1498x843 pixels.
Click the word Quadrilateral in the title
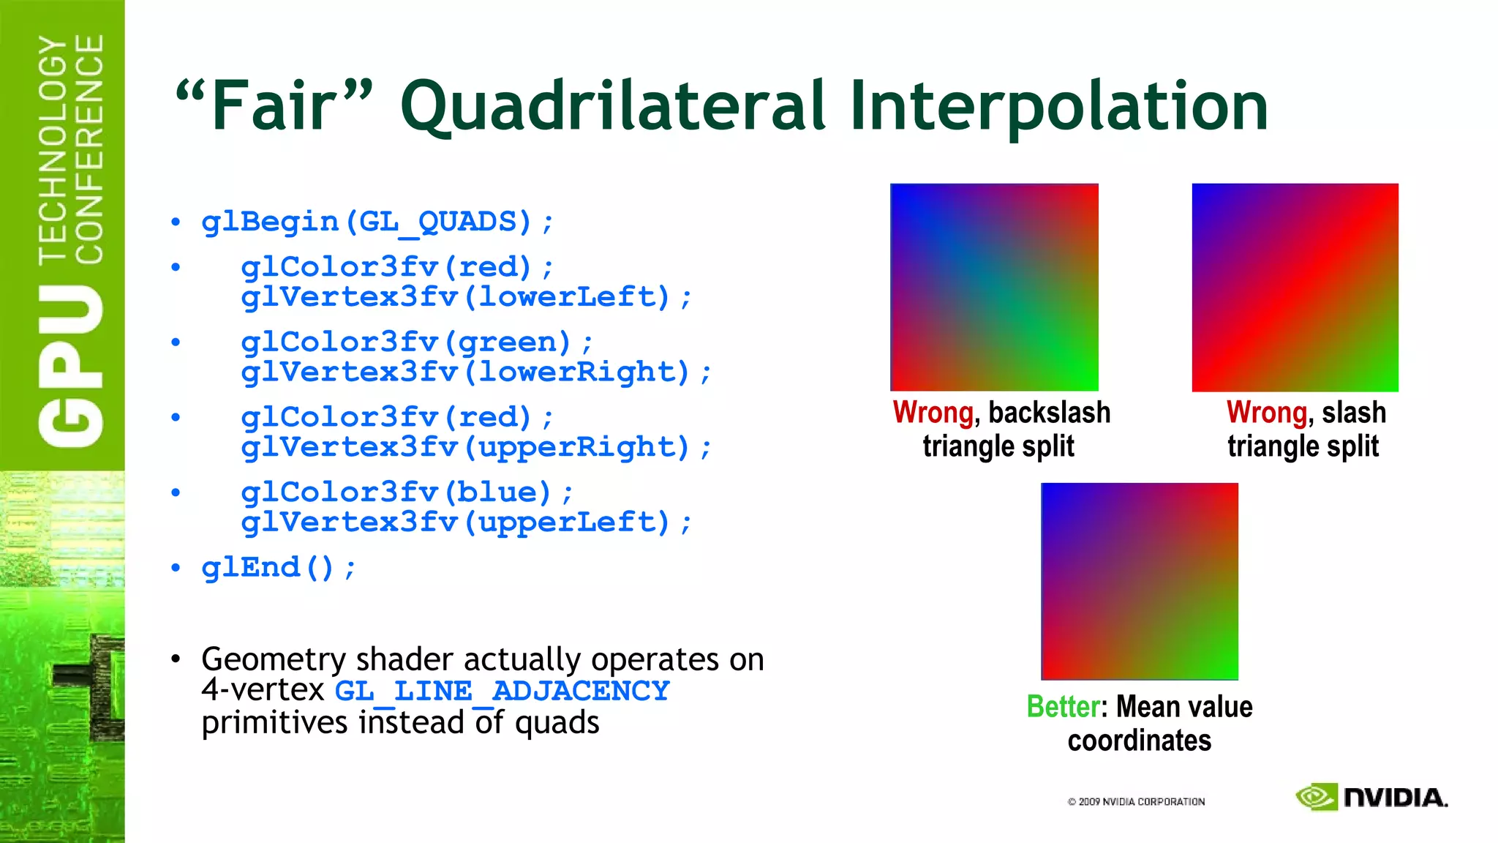(613, 107)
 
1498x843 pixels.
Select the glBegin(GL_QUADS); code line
(377, 221)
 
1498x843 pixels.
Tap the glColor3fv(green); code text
(417, 342)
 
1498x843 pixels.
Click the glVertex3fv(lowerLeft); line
(466, 297)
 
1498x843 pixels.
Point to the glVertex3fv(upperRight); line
(475, 447)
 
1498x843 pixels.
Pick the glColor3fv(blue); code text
(407, 492)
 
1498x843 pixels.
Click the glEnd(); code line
(279, 567)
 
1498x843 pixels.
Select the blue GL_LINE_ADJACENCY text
(502, 691)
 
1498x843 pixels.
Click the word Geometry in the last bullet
(274, 659)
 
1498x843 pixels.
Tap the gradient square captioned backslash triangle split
(994, 287)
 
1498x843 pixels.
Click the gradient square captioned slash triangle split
(1295, 287)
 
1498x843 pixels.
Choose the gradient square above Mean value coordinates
(1140, 581)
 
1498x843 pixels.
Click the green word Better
(1063, 707)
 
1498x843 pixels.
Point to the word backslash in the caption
(1049, 413)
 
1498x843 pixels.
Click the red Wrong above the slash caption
(1266, 413)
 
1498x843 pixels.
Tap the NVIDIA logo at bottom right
(1371, 797)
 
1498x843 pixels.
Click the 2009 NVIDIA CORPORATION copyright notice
(1136, 802)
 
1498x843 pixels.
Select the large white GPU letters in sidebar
(71, 366)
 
